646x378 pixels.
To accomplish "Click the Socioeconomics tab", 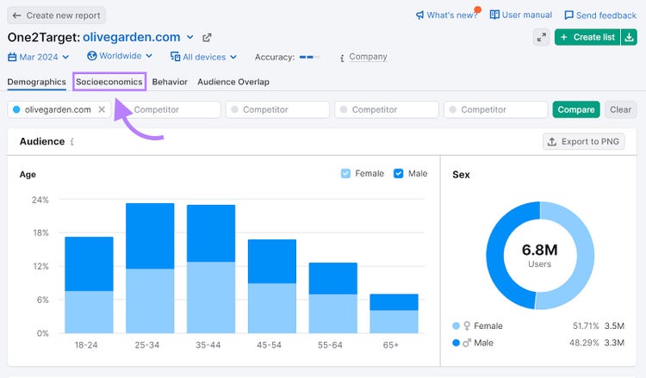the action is (109, 82).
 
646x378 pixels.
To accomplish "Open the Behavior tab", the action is (170, 82).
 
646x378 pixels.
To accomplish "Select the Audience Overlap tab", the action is (233, 82).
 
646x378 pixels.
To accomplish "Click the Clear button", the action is (620, 109).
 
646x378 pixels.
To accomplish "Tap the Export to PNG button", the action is (583, 141).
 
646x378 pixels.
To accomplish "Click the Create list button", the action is (587, 37).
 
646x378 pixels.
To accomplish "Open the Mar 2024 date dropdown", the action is (38, 57).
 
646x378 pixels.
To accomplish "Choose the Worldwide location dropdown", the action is (120, 56).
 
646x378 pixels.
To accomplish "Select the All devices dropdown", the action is (203, 57).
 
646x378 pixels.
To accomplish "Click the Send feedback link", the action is (600, 15).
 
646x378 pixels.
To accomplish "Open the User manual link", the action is (521, 15).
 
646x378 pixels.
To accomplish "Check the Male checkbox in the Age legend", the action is (399, 173).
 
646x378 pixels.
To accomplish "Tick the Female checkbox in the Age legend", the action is (345, 173).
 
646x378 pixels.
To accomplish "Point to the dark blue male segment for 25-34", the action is (150, 236).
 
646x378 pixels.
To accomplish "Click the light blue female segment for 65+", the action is (394, 321).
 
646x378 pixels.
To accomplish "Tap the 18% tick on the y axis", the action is (40, 232).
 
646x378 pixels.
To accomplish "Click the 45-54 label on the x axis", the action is (269, 344).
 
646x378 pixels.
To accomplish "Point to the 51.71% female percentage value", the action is (586, 325).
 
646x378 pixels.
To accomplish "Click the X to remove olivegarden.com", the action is (102, 109).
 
